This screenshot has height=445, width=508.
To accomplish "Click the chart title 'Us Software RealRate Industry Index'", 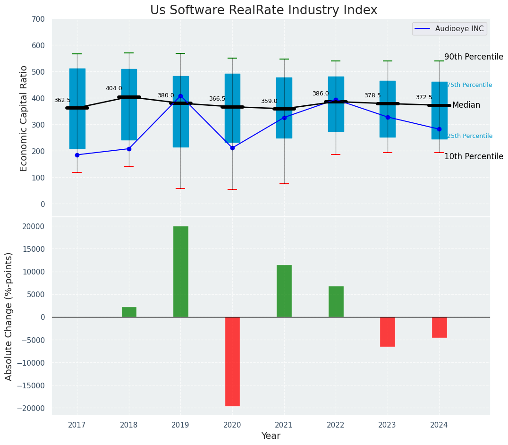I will point(263,10).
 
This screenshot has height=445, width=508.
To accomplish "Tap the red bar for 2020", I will point(232,361).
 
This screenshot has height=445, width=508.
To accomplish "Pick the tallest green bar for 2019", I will point(180,272).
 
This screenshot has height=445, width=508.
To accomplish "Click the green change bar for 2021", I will point(284,291).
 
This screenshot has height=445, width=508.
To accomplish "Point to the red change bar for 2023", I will point(388,332).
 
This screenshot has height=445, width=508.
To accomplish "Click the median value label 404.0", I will point(114,88).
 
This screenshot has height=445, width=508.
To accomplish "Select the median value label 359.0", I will point(269,101).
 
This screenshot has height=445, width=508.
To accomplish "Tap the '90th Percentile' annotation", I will point(474,57).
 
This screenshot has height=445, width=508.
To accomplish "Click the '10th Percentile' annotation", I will point(474,156).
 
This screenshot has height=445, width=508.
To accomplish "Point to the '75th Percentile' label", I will point(469,85).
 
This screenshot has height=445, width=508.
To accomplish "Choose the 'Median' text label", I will point(466,105).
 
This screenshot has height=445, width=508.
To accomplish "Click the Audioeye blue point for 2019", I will point(180,96).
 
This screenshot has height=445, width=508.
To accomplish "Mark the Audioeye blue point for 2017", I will point(77,155).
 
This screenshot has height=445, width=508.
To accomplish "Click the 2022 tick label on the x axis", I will point(336,425).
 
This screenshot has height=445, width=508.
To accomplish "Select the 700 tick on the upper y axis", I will point(38,19).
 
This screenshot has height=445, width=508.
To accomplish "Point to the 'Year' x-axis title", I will point(271,436).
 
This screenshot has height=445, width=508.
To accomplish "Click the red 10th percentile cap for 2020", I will point(232,189).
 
